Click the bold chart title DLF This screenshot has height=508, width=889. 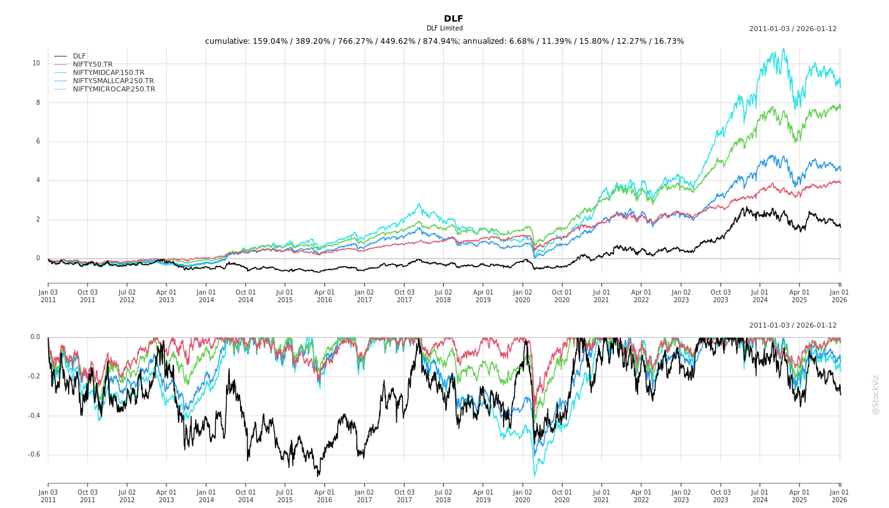click(x=453, y=18)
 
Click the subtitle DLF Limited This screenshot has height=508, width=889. click(x=444, y=29)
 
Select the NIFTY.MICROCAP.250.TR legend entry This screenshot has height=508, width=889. click(x=114, y=90)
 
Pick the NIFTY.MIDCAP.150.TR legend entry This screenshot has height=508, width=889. click(x=108, y=73)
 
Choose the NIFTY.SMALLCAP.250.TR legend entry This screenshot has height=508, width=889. click(x=113, y=81)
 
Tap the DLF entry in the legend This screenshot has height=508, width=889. click(x=79, y=57)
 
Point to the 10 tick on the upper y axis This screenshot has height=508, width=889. click(x=36, y=63)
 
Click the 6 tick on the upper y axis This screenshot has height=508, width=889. click(x=37, y=142)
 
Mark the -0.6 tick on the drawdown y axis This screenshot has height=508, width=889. click(x=34, y=455)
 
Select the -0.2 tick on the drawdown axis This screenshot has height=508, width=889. click(x=34, y=377)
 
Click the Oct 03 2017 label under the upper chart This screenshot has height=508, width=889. click(x=404, y=296)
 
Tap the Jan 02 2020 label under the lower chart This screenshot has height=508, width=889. click(x=523, y=496)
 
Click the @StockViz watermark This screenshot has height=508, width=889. click(x=876, y=394)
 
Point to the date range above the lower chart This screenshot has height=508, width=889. click(x=792, y=326)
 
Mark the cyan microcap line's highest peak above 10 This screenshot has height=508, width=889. click(x=784, y=48)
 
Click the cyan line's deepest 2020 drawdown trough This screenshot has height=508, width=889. click(x=534, y=476)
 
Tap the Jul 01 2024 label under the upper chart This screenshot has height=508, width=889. click(x=760, y=296)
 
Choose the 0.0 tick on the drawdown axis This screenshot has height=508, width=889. click(x=35, y=337)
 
